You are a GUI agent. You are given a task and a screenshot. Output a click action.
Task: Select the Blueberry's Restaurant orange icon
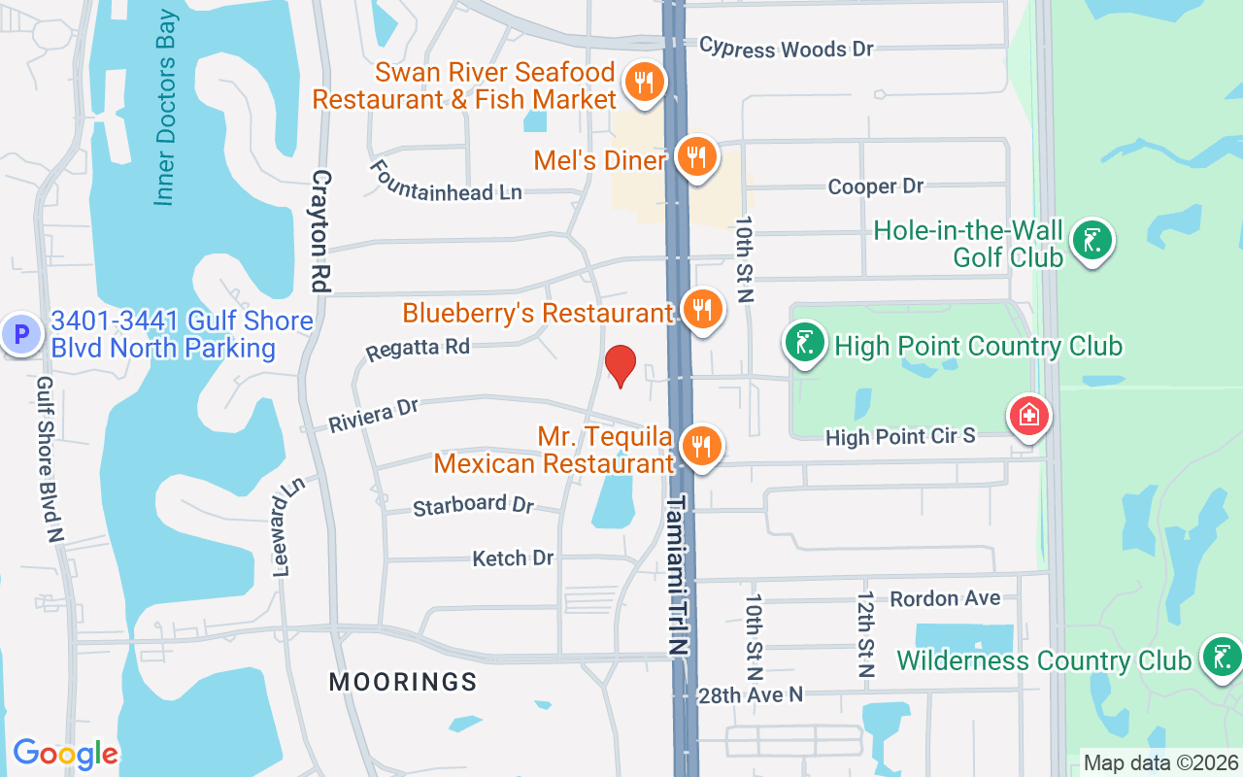(x=701, y=309)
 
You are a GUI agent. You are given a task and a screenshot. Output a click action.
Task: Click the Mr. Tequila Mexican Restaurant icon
(x=699, y=446)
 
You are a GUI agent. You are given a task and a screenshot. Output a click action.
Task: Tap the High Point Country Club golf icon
(x=805, y=343)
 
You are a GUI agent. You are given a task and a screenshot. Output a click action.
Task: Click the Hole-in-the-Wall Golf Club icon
(x=1092, y=239)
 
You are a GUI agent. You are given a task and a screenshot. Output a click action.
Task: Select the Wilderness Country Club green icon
(x=1221, y=656)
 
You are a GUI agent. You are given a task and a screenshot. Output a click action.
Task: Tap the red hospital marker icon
(x=1028, y=416)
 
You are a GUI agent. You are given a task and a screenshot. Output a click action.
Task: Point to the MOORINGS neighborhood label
(x=403, y=682)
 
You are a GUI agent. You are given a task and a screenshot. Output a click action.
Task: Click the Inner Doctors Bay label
(x=166, y=107)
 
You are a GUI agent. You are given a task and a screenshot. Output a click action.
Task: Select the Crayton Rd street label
(x=321, y=231)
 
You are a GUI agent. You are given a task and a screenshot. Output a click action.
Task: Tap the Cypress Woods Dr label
(x=787, y=48)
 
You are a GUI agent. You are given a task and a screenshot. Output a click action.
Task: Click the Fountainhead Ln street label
(x=446, y=180)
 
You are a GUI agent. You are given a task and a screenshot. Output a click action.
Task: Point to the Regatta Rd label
(x=418, y=349)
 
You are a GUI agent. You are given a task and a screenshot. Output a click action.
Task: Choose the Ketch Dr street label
(x=513, y=557)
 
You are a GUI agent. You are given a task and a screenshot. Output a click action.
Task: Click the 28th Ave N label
(x=751, y=694)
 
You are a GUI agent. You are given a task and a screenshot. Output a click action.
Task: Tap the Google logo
(x=65, y=753)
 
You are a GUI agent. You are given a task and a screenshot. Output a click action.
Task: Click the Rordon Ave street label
(x=945, y=597)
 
